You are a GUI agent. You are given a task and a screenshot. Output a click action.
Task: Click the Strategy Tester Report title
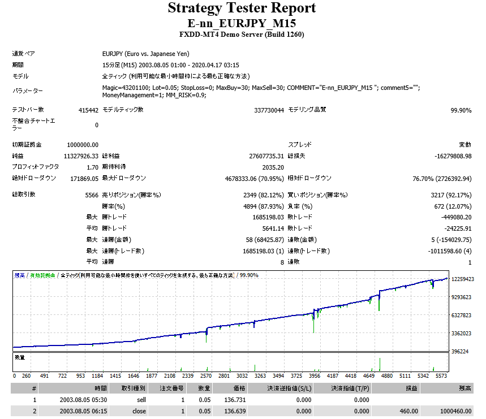tap(242, 8)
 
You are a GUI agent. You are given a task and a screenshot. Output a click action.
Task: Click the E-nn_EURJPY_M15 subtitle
tap(242, 23)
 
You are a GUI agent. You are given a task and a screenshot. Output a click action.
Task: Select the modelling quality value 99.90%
tap(461, 111)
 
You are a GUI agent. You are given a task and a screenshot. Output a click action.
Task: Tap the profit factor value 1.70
tap(92, 167)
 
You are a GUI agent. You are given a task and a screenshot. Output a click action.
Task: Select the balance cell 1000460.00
tap(455, 411)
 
